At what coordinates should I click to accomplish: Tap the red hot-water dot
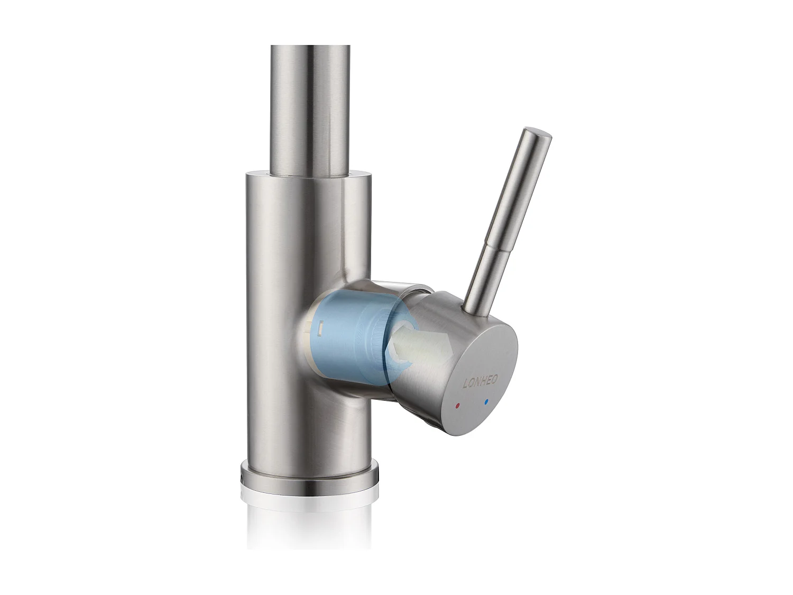click(x=457, y=406)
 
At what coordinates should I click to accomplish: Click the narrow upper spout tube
click(x=310, y=106)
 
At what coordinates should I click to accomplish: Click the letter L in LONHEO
click(x=465, y=385)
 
